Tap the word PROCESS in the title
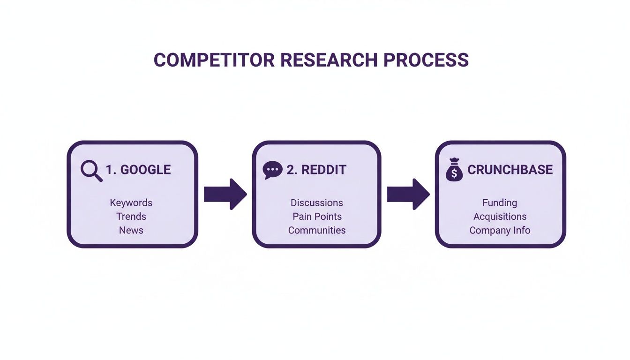(426, 60)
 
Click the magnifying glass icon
(91, 171)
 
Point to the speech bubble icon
(272, 170)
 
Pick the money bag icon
(454, 170)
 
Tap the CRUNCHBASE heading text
(510, 170)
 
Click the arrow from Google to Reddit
(225, 194)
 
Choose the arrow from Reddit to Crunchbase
(408, 194)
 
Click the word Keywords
(131, 203)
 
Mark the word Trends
(131, 217)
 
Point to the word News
(131, 230)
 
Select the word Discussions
(317, 203)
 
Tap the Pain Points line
(317, 217)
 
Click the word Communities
(317, 230)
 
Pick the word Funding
(500, 203)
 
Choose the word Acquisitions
(500, 217)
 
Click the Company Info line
(500, 230)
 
